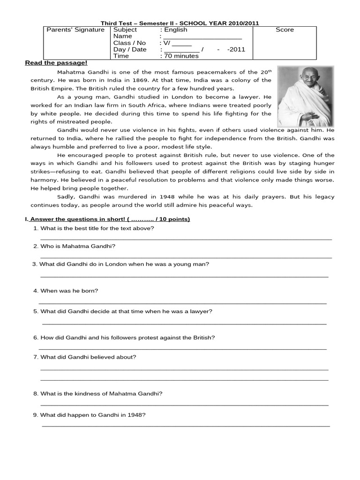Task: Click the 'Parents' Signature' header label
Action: [x=75, y=30]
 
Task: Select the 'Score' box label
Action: [x=285, y=30]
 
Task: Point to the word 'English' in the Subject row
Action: [x=176, y=30]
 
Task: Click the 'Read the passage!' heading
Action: [x=56, y=63]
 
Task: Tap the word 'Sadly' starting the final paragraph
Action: [x=66, y=197]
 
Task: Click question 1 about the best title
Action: [x=97, y=228]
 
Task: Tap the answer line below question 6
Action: [x=183, y=349]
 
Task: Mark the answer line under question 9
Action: [x=186, y=426]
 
